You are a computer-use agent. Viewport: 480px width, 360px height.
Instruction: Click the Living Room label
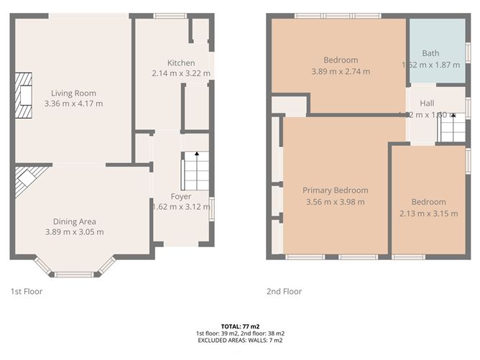[73, 93]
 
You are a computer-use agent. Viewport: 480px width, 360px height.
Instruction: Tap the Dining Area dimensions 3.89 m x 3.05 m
[73, 232]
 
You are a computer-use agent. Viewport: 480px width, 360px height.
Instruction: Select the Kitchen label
[180, 63]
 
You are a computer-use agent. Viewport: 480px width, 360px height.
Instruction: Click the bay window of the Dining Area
[75, 272]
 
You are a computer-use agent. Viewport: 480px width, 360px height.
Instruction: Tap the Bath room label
[430, 53]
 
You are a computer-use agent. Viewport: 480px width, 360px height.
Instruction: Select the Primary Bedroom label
[335, 190]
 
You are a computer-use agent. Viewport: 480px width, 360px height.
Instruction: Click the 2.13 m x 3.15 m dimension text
[428, 213]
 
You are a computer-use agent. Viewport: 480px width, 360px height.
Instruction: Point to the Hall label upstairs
[427, 103]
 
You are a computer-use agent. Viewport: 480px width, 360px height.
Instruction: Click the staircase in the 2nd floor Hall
[451, 129]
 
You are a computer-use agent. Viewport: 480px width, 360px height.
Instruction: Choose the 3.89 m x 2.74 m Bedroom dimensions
[341, 71]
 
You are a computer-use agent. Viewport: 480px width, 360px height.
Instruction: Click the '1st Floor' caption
[26, 292]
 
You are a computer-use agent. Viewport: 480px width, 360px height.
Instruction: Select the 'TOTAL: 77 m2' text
[240, 326]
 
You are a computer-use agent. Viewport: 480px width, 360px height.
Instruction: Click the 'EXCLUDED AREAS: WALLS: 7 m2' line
[240, 341]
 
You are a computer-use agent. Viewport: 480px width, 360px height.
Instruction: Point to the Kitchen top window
[170, 16]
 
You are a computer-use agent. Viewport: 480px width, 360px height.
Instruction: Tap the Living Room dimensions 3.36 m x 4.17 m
[73, 103]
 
